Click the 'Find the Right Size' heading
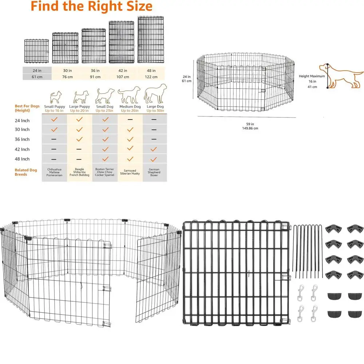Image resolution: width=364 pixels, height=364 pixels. click(x=91, y=6)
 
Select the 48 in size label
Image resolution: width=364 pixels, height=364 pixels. click(x=151, y=71)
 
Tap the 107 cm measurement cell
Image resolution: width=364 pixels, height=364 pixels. click(x=123, y=77)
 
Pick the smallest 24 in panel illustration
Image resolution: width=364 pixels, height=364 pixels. click(x=36, y=51)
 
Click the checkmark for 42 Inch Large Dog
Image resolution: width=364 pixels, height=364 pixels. click(x=154, y=149)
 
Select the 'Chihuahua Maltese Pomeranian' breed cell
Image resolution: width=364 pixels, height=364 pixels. click(x=54, y=172)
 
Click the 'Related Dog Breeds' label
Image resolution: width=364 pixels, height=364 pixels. click(x=26, y=172)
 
